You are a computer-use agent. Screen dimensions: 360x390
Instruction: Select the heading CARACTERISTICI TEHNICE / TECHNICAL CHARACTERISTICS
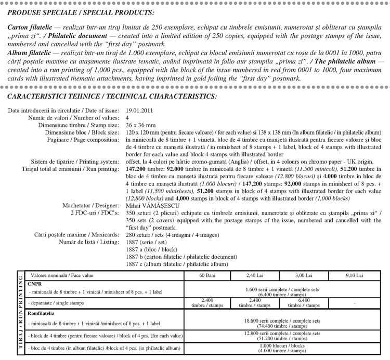click(x=112, y=97)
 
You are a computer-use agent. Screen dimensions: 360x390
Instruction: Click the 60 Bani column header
click(x=207, y=275)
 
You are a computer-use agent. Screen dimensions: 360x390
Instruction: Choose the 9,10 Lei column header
click(x=354, y=275)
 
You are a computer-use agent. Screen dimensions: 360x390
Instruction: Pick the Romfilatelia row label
click(x=43, y=313)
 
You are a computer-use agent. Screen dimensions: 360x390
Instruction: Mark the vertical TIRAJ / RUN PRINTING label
click(x=20, y=313)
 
